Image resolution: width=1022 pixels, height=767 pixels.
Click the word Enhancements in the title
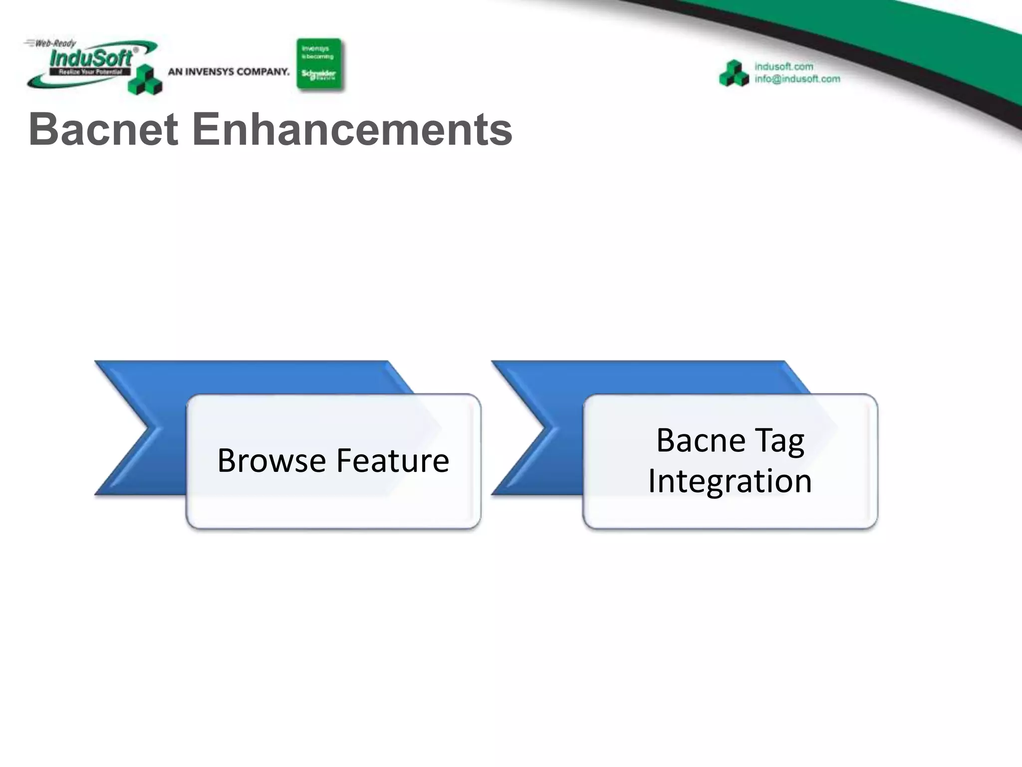click(x=352, y=129)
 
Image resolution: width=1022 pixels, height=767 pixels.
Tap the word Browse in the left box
click(x=271, y=460)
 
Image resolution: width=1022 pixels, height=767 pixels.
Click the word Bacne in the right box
click(x=701, y=440)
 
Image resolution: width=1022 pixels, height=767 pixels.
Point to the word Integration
click(x=730, y=481)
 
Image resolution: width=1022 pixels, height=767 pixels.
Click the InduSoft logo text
click(x=91, y=58)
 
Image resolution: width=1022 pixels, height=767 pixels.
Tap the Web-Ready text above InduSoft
click(x=55, y=43)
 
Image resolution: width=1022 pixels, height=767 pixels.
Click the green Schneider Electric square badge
click(x=319, y=64)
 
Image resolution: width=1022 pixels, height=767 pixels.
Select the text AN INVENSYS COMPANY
click(x=229, y=72)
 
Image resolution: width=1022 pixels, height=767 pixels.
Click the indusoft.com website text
click(x=783, y=66)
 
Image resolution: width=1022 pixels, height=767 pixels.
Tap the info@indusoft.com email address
click(x=797, y=79)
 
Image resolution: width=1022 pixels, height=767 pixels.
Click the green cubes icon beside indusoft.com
click(x=734, y=74)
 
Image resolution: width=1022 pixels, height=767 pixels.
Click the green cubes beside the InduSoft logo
click(x=145, y=80)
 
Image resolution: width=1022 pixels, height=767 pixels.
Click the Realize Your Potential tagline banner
click(x=90, y=72)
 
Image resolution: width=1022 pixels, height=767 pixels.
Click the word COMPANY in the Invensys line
click(x=263, y=72)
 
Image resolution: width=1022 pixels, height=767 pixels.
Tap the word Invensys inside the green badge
click(x=315, y=48)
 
